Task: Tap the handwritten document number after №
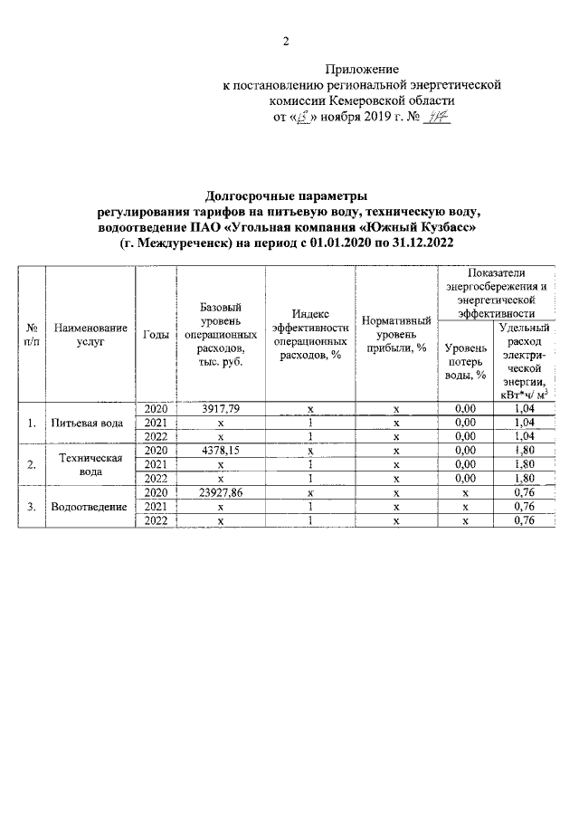click(439, 118)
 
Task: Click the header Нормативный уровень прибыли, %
click(396, 335)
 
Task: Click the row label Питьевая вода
click(90, 423)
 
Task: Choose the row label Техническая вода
click(90, 464)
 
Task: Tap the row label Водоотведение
click(90, 506)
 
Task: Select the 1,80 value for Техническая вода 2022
click(525, 478)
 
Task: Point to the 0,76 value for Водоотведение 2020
click(525, 492)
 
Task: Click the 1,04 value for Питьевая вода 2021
click(525, 423)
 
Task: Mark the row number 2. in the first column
click(33, 464)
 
